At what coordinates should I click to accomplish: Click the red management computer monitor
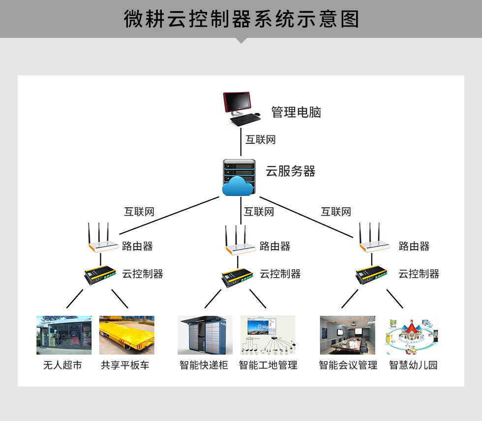tap(237, 102)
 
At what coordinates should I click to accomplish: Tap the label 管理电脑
tap(296, 112)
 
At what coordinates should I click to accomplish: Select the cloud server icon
tap(239, 178)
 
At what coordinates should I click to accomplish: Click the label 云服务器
tap(291, 171)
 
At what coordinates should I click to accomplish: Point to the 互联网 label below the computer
tap(260, 140)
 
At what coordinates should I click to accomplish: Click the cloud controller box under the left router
tap(100, 275)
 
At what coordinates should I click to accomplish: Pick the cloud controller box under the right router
tap(371, 275)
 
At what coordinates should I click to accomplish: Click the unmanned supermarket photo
tap(64, 335)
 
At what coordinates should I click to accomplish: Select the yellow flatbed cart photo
tap(127, 335)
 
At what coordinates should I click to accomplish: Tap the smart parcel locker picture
tap(205, 335)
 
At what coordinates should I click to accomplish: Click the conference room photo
tap(347, 335)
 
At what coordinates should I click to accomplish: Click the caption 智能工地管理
tap(268, 365)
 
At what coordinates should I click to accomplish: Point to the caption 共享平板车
tap(125, 365)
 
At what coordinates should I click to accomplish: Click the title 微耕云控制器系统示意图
tap(241, 19)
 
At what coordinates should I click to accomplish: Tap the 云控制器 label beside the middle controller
tap(280, 274)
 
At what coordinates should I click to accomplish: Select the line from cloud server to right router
tap(306, 217)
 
